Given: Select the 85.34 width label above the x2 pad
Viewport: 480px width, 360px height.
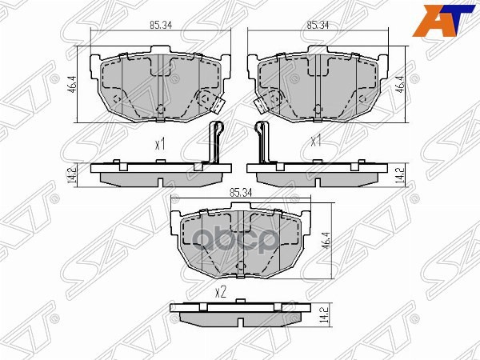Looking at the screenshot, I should coord(240,193).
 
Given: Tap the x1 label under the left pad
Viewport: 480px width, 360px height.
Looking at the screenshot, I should coord(159,144).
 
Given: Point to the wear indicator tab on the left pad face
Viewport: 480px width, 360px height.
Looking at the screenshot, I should coord(214,102).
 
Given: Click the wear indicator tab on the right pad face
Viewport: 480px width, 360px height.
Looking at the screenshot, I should coord(262,102).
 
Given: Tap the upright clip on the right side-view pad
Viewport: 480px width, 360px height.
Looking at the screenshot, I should coord(262,144).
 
